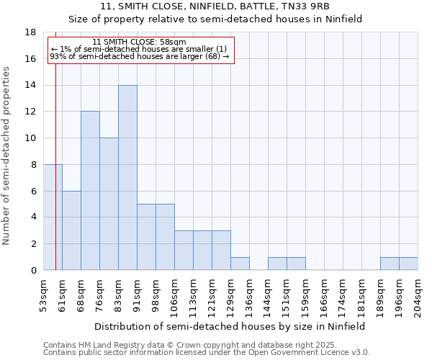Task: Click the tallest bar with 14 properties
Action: (127, 178)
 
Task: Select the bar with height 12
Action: (90, 191)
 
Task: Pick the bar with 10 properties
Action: (109, 204)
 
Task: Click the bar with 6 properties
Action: (71, 230)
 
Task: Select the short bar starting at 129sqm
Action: (240, 264)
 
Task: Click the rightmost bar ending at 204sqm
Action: (408, 264)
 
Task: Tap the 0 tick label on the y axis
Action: (33, 271)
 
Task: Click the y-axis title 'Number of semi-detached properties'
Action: (7, 156)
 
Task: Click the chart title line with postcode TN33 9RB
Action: (215, 6)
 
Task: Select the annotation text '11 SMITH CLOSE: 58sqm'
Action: (140, 42)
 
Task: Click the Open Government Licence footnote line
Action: (207, 353)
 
